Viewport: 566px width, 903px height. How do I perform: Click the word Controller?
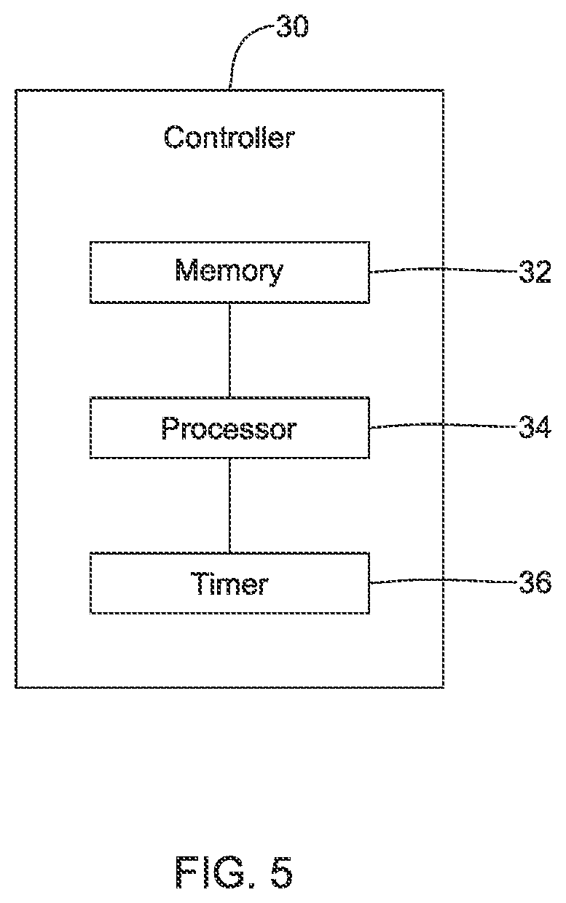(229, 137)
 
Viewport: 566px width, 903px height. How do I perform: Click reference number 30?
(292, 27)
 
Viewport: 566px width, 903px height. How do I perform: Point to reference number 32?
(535, 272)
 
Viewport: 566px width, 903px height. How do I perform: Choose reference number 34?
(535, 427)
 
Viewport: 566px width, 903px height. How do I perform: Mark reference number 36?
(535, 582)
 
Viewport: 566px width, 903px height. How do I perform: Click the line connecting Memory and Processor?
(229, 351)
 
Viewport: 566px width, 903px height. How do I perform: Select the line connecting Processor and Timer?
(229, 506)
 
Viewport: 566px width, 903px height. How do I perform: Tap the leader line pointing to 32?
(443, 269)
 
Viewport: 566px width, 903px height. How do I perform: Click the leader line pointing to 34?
(443, 424)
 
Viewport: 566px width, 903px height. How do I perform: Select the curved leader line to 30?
(238, 48)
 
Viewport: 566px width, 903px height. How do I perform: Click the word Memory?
(229, 271)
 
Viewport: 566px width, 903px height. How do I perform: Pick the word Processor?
(229, 428)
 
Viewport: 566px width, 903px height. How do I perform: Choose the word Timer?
(229, 583)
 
